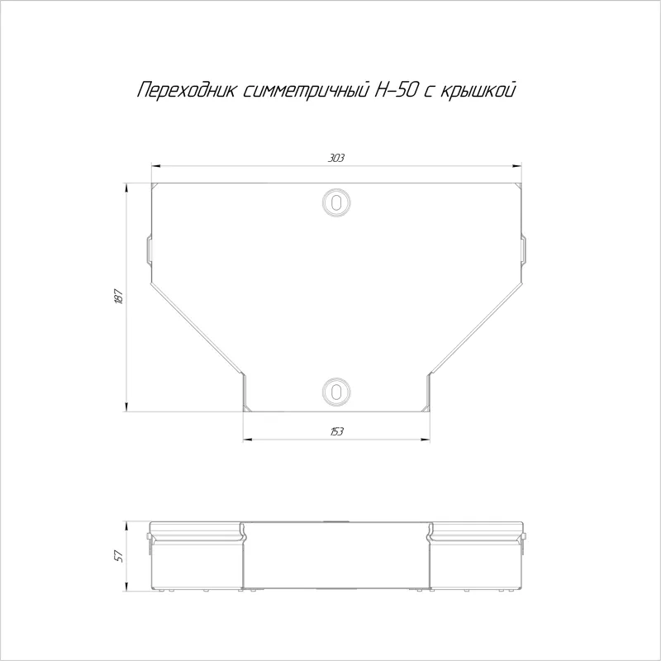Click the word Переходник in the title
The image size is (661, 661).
(186, 90)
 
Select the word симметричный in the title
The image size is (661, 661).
(306, 91)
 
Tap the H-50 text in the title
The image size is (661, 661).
(397, 90)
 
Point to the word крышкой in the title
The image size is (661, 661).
(478, 91)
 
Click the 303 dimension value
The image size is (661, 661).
(336, 158)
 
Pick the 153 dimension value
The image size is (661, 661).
(336, 431)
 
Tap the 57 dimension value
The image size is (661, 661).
(119, 555)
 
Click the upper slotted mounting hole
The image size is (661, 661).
(336, 202)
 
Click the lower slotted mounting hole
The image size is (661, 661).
(336, 391)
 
